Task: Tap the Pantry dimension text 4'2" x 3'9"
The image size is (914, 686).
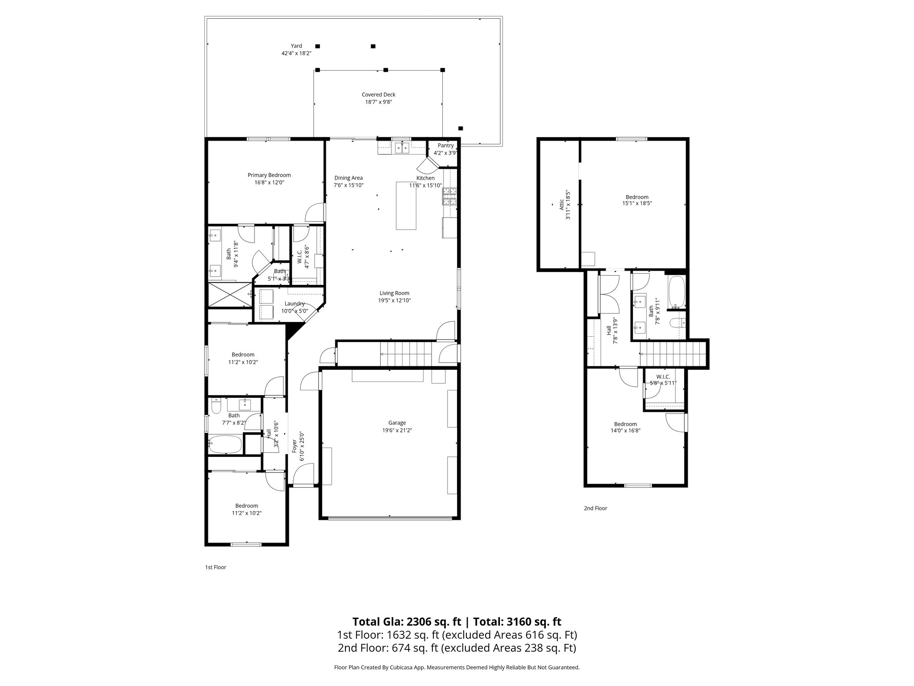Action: (x=445, y=153)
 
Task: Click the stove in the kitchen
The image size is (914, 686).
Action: (x=450, y=197)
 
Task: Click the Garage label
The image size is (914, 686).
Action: (x=397, y=422)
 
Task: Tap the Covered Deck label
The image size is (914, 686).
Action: (x=378, y=95)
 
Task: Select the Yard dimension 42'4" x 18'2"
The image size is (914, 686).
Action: (x=296, y=53)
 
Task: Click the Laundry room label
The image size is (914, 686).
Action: (x=295, y=304)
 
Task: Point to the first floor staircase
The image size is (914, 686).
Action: (x=406, y=354)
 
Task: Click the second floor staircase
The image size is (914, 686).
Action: (x=672, y=353)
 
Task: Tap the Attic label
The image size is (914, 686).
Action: (x=561, y=205)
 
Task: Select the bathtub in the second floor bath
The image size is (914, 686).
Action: (x=677, y=293)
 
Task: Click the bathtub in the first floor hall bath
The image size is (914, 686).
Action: (x=225, y=445)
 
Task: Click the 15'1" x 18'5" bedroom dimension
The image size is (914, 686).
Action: (x=637, y=203)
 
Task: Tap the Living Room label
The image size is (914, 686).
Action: (x=394, y=293)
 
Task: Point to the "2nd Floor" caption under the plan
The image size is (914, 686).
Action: (x=595, y=508)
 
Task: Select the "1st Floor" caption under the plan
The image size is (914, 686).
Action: (x=216, y=567)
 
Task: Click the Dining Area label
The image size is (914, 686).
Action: (x=349, y=178)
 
